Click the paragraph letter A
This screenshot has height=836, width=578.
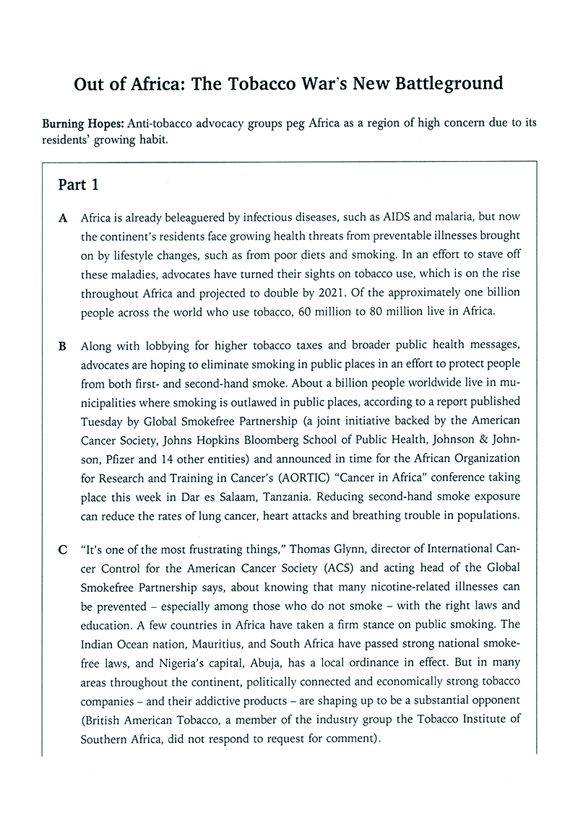point(64,217)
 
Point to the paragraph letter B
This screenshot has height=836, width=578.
point(64,346)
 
